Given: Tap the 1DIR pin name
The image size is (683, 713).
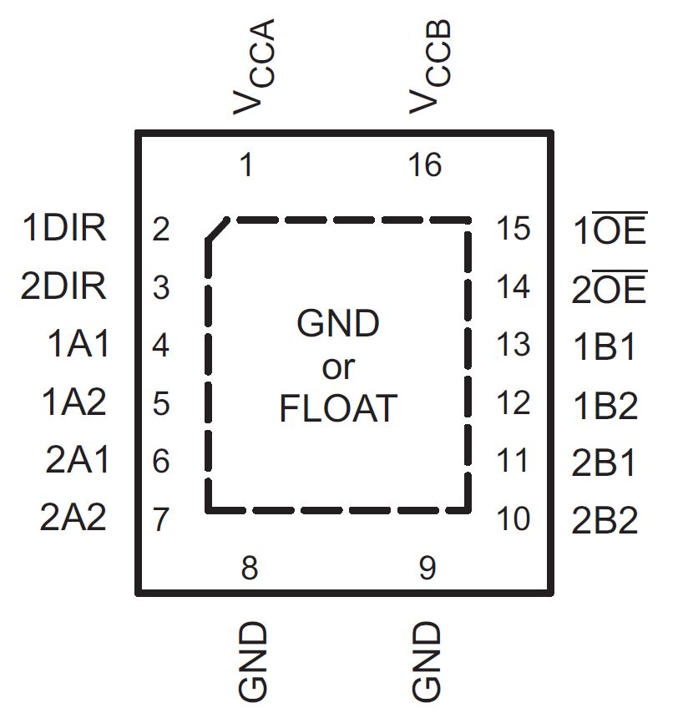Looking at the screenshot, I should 64,229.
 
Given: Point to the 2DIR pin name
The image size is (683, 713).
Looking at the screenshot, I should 64,287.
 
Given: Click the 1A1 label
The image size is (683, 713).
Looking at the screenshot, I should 77,345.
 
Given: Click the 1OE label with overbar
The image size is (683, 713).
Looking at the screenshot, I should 610,230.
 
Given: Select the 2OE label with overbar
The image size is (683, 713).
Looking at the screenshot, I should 610,289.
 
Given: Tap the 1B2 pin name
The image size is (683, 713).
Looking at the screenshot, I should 605,406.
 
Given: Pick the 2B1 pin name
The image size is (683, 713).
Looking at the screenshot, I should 605,463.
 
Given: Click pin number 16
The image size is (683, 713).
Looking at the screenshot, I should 425,165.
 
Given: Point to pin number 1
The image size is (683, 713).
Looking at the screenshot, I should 245,165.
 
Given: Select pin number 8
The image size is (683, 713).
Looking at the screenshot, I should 249,569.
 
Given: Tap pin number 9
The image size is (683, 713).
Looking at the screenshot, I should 428,569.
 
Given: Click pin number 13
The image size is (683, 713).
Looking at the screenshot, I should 513,345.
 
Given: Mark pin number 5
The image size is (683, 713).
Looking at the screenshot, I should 161,404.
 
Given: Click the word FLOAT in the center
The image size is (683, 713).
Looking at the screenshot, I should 337,409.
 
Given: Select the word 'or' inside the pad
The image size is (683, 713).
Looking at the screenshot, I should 338,367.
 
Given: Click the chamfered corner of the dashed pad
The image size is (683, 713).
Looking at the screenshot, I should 216,230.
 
